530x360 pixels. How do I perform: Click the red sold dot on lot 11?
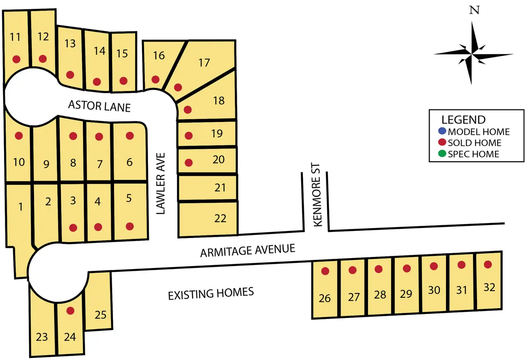tap(17, 59)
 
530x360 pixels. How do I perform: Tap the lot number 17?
tap(204, 63)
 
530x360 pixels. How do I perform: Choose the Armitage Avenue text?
tap(247, 250)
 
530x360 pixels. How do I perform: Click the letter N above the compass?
tap(474, 11)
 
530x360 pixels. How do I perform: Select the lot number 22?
tap(220, 218)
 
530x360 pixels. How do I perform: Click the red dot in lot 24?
tap(70, 311)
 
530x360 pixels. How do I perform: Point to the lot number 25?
tap(101, 315)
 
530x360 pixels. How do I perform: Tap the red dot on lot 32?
tap(488, 265)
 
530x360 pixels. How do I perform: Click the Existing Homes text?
tap(211, 293)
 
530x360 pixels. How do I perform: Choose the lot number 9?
tap(46, 165)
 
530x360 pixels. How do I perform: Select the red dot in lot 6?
tap(129, 135)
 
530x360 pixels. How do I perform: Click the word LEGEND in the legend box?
tap(463, 120)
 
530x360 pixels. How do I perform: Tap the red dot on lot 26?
tap(325, 271)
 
